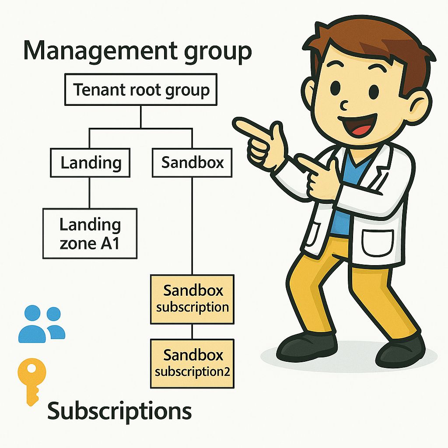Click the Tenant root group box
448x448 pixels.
(x=141, y=91)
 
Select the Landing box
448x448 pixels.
(x=90, y=163)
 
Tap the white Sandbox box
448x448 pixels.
(x=192, y=163)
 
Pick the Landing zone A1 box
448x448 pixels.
(x=90, y=233)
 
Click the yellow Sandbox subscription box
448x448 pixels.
(x=192, y=299)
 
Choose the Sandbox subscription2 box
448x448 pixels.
(x=192, y=363)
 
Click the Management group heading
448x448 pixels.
(x=137, y=51)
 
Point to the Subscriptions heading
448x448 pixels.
(x=119, y=411)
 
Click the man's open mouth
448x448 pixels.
(x=360, y=126)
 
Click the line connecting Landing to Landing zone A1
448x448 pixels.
(x=90, y=192)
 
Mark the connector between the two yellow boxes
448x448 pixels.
(x=192, y=331)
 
